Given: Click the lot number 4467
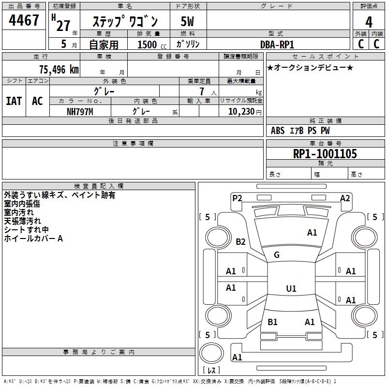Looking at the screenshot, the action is (x=24, y=20).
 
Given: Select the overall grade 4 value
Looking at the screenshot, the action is (x=369, y=22).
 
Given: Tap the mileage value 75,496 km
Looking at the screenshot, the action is (x=59, y=70).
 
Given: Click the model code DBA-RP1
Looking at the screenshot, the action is (x=277, y=45).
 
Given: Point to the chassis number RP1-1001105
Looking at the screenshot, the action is (x=325, y=154).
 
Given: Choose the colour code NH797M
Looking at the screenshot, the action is (x=80, y=112).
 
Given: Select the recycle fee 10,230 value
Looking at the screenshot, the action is (x=241, y=112).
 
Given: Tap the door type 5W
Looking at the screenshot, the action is (x=187, y=21).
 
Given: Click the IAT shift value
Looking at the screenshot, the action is (x=14, y=101).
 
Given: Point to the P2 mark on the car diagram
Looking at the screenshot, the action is (x=237, y=198).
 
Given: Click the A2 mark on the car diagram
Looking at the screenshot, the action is (x=345, y=198).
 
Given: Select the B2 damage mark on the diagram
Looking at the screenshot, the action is (x=240, y=241).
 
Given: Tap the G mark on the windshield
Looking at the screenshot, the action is (x=277, y=255).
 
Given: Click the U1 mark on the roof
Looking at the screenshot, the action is (x=291, y=288).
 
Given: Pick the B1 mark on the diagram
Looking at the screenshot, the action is (x=272, y=322).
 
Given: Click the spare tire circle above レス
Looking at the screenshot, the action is (x=211, y=353).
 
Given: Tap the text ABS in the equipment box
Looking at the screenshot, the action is (x=278, y=131).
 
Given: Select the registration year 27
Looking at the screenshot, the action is (x=63, y=26).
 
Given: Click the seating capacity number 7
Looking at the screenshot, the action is (x=202, y=91).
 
